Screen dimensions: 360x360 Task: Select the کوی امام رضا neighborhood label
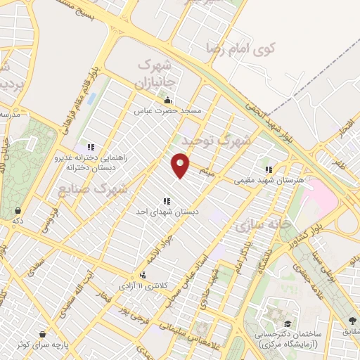point(241,49)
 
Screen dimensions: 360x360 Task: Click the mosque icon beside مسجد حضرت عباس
point(167,100)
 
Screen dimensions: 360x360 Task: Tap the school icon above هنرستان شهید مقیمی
point(268,169)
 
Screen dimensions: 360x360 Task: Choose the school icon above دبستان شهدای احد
point(167,200)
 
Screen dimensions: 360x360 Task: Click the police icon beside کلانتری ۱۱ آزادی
point(143,276)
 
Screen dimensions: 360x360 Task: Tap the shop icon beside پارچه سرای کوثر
point(43,335)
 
